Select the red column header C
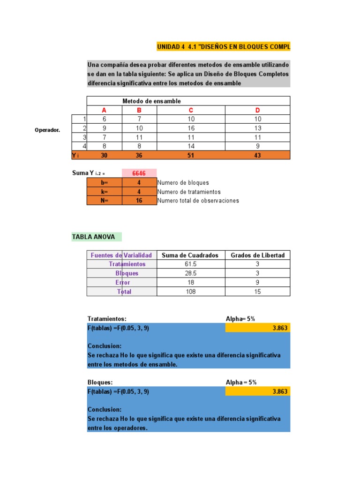191,110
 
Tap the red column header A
104,110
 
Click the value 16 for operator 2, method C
191,128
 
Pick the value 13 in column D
257,128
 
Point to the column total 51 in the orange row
191,155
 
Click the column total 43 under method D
257,155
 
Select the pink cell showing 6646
139,173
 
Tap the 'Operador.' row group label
47,130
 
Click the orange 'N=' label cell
104,201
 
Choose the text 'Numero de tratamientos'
189,192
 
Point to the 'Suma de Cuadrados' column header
190,255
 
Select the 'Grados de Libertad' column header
257,255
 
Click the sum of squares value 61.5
191,264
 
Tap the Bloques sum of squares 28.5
191,273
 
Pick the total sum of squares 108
191,292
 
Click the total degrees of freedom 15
257,292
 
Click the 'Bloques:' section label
100,382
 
